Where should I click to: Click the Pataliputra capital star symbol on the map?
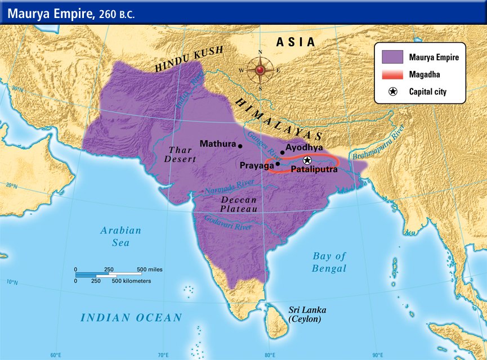(307, 160)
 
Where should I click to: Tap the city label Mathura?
(217, 144)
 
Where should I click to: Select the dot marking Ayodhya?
(282, 152)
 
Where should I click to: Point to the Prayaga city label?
(256, 166)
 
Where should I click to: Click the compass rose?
(260, 70)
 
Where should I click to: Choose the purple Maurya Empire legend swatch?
(392, 57)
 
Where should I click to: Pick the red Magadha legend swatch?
(392, 74)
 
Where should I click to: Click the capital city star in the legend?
(392, 92)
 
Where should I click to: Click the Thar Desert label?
(180, 154)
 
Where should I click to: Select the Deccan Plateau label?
(239, 204)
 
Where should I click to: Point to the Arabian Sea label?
(120, 236)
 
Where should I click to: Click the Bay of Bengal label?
(329, 262)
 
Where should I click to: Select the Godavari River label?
(227, 223)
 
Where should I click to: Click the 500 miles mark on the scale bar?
(149, 269)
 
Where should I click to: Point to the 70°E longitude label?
(163, 355)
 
